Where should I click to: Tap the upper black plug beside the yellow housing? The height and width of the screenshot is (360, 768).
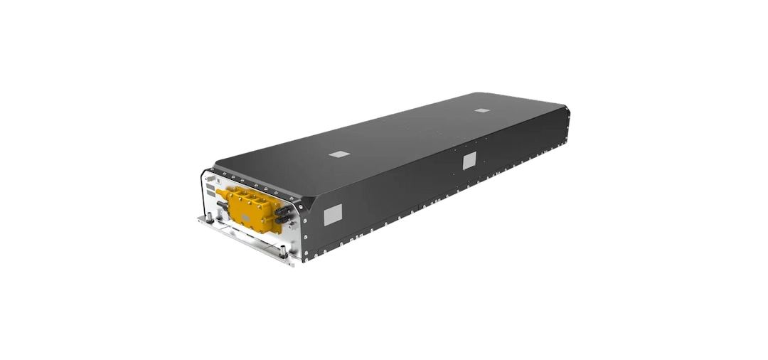(x=282, y=211)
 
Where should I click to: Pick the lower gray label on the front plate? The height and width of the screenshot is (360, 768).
(x=211, y=193)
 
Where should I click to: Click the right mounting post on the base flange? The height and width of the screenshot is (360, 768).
(x=284, y=250)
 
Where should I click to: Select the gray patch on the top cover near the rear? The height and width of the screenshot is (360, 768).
(x=482, y=111)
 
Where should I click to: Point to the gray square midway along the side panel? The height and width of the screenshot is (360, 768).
(x=469, y=162)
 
